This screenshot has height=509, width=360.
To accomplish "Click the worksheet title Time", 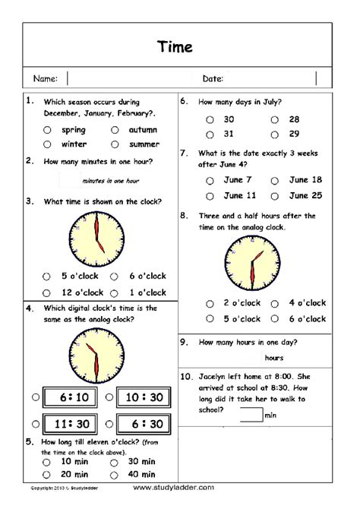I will click(x=175, y=46).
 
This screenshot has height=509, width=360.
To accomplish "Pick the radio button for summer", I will click(x=115, y=144).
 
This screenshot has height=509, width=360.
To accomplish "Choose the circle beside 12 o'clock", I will click(x=47, y=292).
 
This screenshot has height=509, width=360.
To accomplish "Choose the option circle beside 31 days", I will click(x=209, y=134).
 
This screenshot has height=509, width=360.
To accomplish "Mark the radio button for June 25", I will click(x=273, y=195).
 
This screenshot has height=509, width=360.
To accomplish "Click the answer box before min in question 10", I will click(x=251, y=415).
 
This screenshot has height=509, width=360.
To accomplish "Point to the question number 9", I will click(x=183, y=341).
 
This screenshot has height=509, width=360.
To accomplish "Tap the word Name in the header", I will click(x=45, y=78).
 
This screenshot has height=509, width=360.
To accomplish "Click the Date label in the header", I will click(x=212, y=78).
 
